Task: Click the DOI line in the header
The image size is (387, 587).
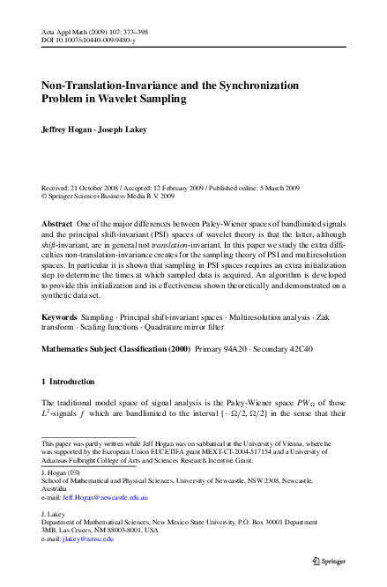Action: coord(90,41)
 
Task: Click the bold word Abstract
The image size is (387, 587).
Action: coord(58,225)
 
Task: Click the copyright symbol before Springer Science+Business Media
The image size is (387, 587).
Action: coord(46,198)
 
